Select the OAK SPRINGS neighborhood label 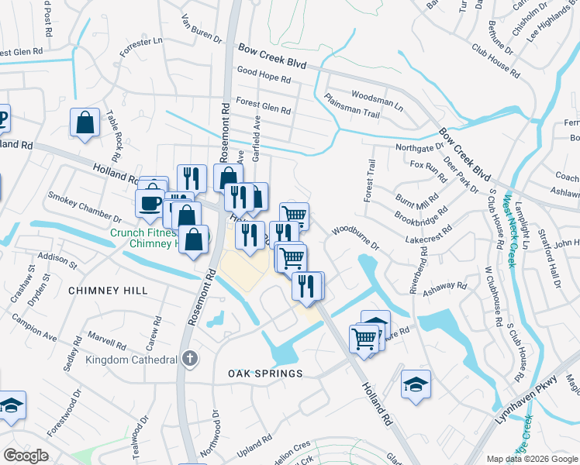pos(264,374)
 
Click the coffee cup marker pos(149,203)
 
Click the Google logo pos(26,456)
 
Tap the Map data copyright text pos(530,459)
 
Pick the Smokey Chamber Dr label pos(85,209)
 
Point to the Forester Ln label pos(140,48)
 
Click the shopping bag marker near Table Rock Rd pos(85,122)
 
